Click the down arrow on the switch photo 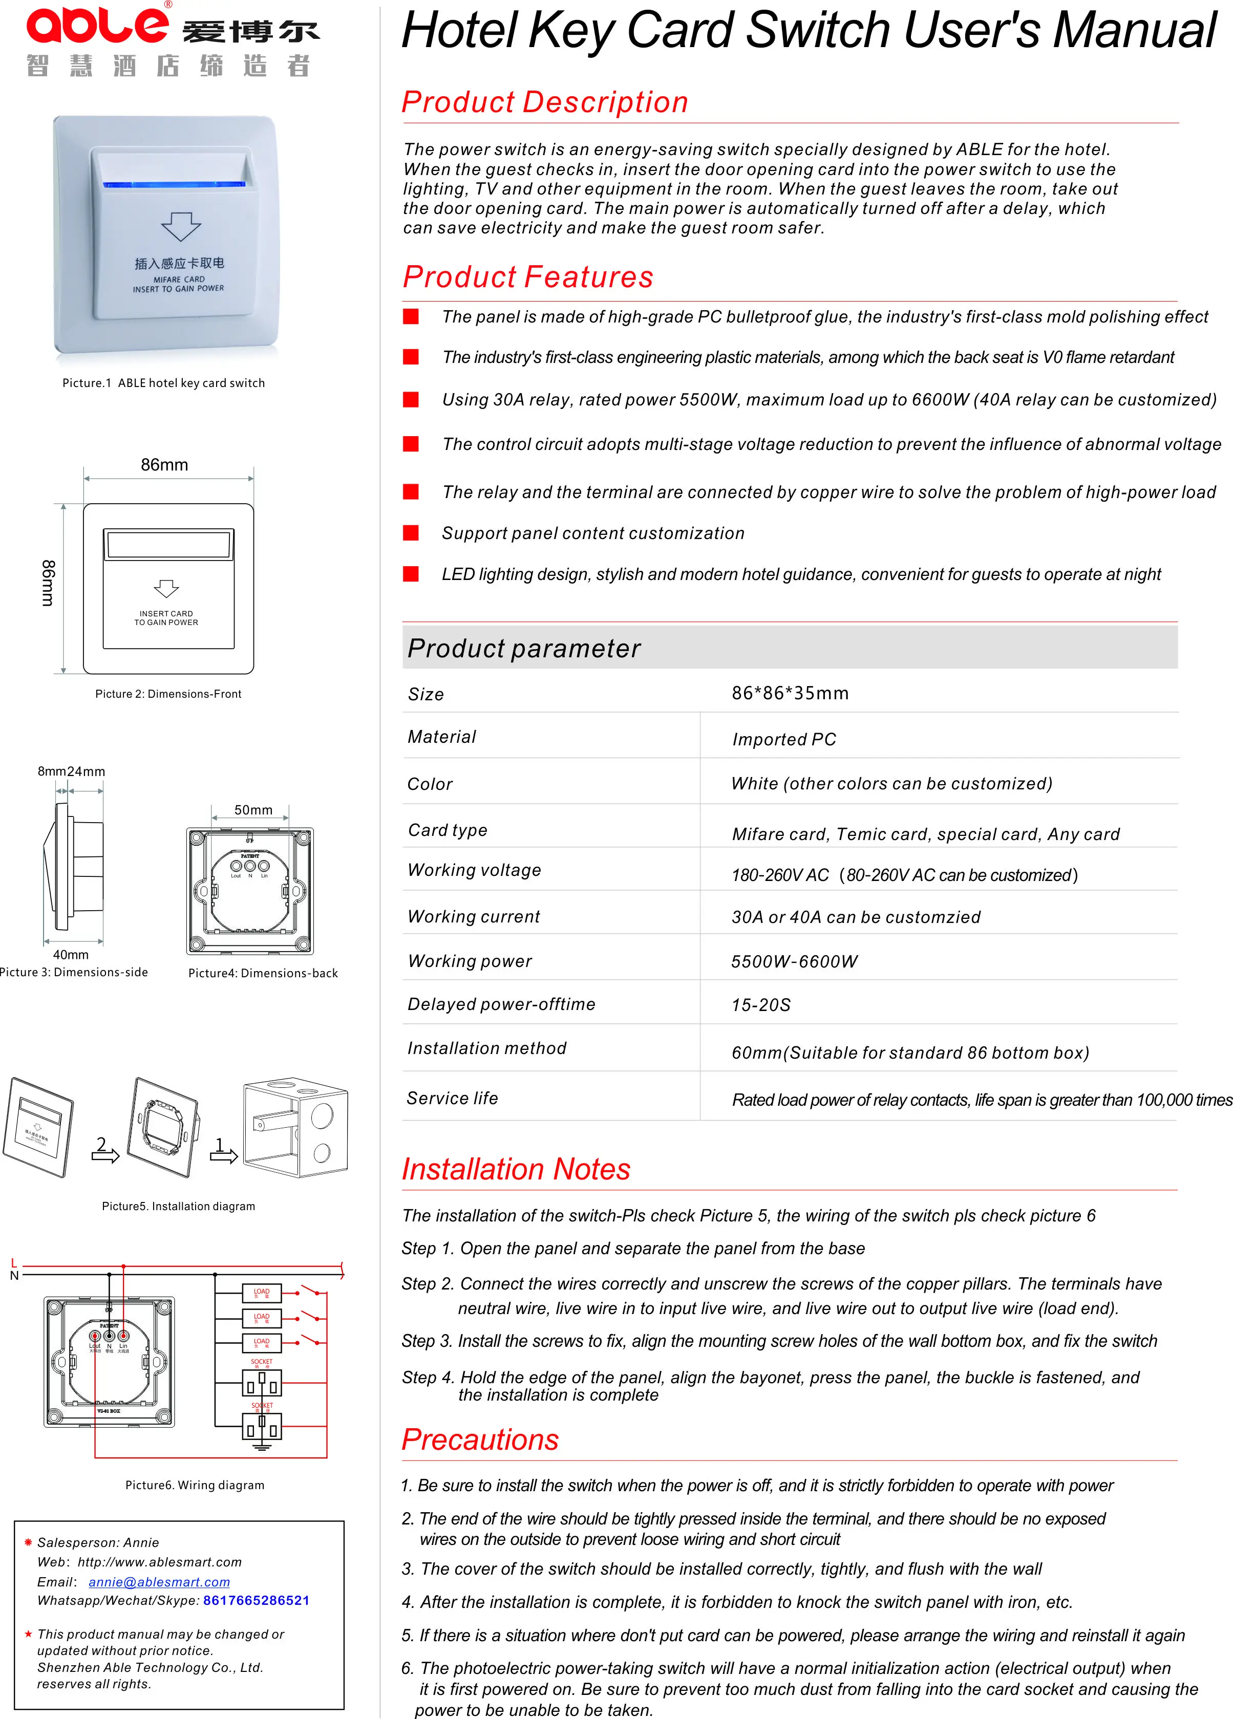(180, 226)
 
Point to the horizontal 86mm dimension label (164, 465)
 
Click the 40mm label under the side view (71, 954)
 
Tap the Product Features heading (528, 276)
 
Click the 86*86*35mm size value (790, 693)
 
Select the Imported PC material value (783, 739)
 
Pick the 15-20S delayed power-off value (760, 1004)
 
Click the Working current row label (473, 916)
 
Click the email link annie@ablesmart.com (159, 1582)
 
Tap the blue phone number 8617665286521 (257, 1600)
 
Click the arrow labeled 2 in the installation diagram (104, 1151)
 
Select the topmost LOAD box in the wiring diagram (262, 1292)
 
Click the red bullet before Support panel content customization (411, 533)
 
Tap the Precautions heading (480, 1439)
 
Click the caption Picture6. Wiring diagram (195, 1485)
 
